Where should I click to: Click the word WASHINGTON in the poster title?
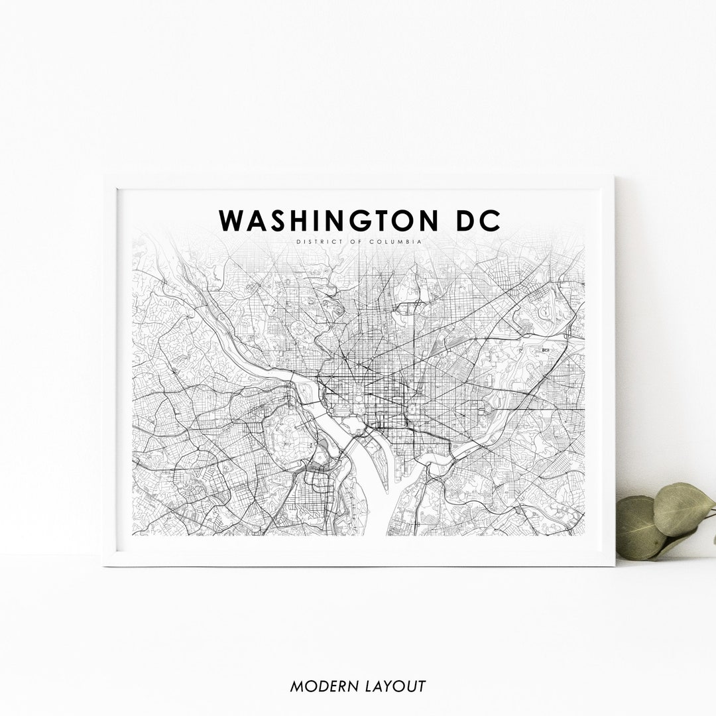(x=322, y=221)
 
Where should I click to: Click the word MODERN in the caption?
(x=321, y=686)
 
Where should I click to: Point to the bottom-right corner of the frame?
(x=613, y=565)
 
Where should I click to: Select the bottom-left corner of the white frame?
(x=105, y=565)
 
